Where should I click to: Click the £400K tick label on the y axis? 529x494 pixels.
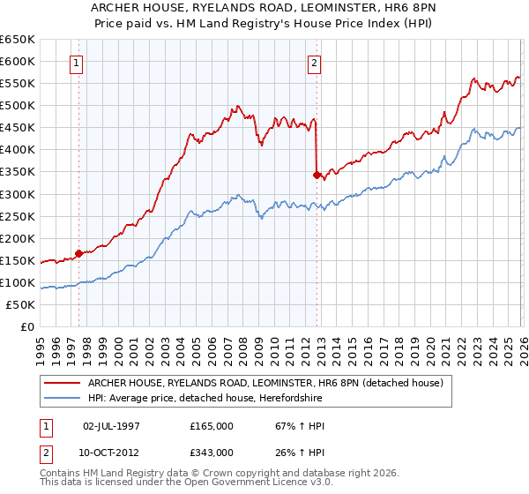[x=18, y=150]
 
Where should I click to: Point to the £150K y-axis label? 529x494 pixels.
[x=18, y=260]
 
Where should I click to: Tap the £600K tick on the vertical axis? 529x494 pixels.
[x=18, y=62]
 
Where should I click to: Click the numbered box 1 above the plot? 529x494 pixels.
[x=78, y=63]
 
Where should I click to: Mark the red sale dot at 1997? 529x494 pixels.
[x=78, y=253]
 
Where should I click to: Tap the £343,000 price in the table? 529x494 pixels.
[x=211, y=452]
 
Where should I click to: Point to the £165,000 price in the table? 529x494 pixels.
[x=211, y=426]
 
